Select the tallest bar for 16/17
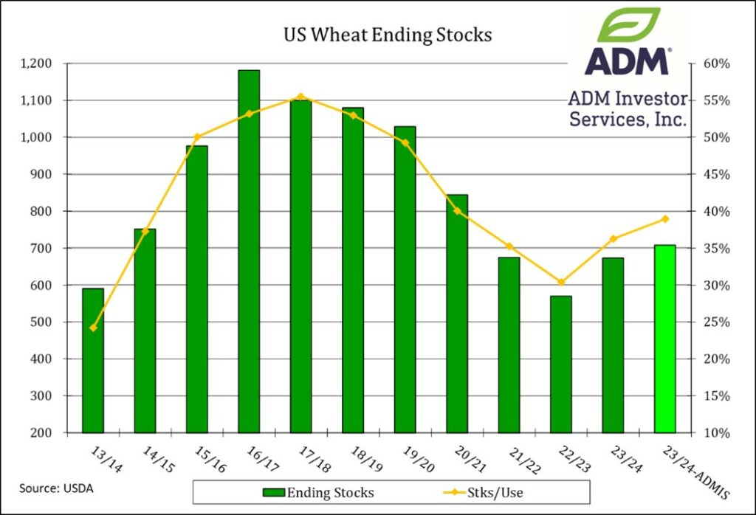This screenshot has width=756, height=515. click(249, 251)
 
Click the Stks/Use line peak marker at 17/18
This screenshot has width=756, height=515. click(300, 96)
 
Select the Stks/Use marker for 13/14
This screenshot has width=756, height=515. click(92, 328)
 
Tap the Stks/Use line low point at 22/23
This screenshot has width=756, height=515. click(561, 282)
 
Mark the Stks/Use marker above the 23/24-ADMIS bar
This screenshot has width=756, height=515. click(665, 218)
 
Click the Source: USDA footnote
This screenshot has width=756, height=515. click(52, 488)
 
